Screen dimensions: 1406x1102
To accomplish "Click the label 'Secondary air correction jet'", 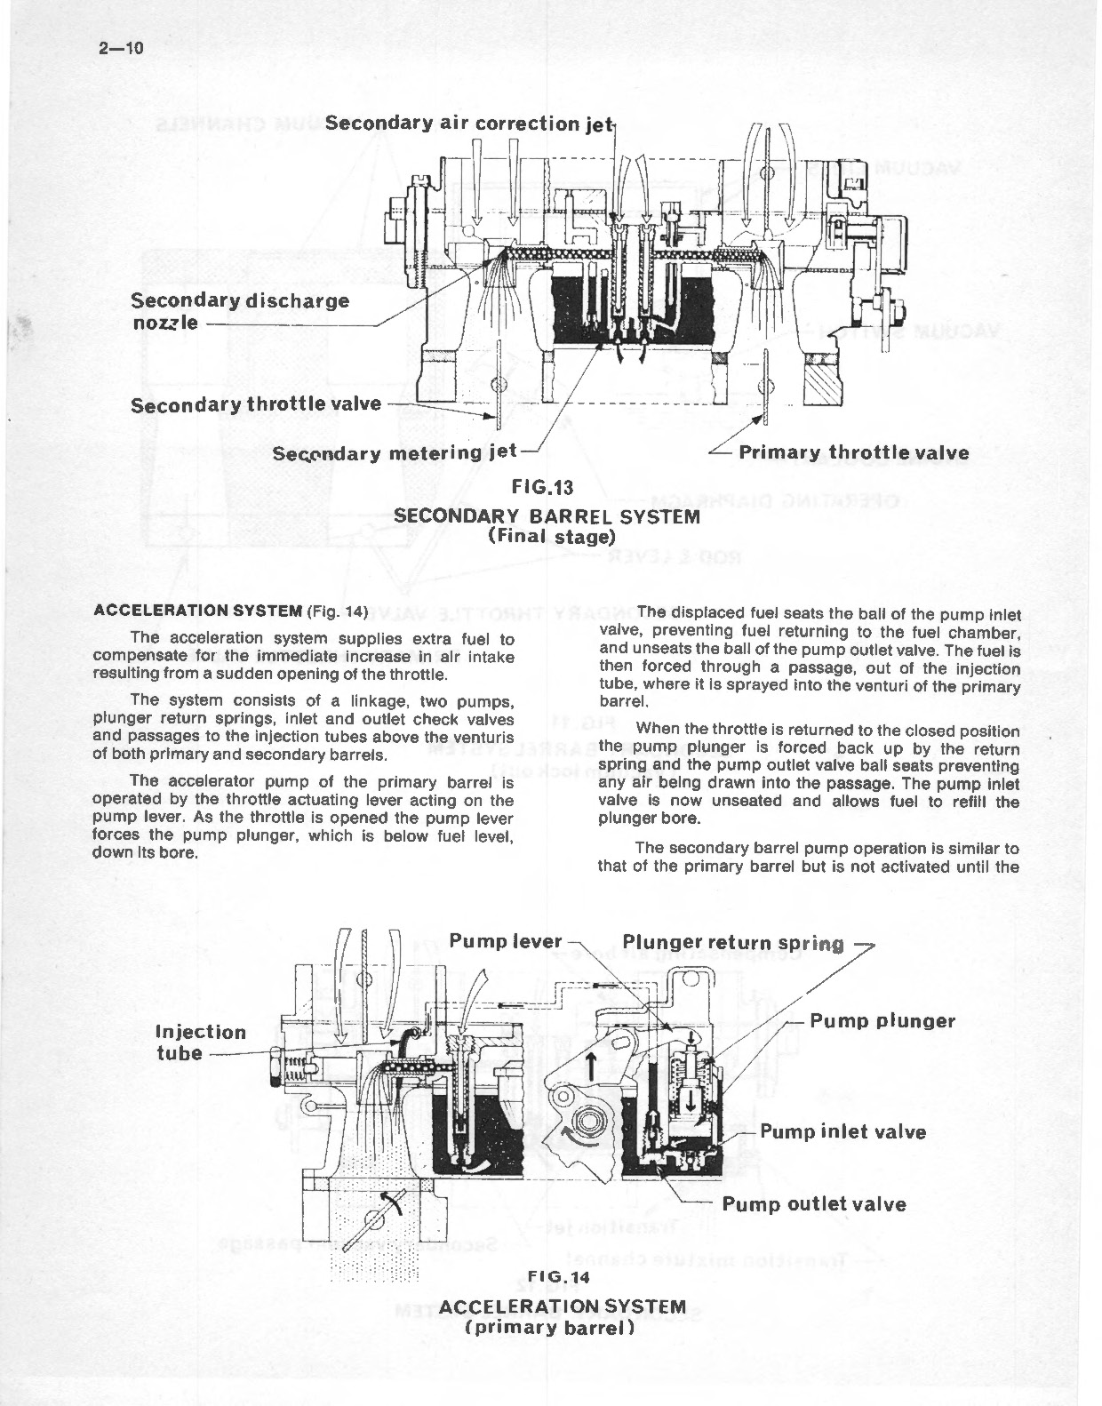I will pos(468,124).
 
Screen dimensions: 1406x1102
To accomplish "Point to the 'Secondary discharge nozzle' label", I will pos(240,310).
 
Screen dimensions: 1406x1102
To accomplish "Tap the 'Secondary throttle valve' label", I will pos(255,404).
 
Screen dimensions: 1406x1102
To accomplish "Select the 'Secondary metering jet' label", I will pos(394,452).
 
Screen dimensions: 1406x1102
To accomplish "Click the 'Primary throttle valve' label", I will pos(853,452).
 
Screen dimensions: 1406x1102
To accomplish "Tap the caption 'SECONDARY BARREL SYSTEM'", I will pos(547,515).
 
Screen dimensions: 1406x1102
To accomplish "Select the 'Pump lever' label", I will pos(505,941).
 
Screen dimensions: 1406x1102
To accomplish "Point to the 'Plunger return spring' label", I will pos(733,943).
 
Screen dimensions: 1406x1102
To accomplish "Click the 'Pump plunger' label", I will pos(882,1020).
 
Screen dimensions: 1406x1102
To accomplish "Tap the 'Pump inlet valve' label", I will pos(842,1131).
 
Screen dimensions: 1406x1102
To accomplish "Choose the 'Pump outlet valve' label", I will pos(814,1204).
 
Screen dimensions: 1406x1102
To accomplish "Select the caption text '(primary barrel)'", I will pos(550,1328).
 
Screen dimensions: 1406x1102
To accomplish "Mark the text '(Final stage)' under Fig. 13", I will pos(551,536).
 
